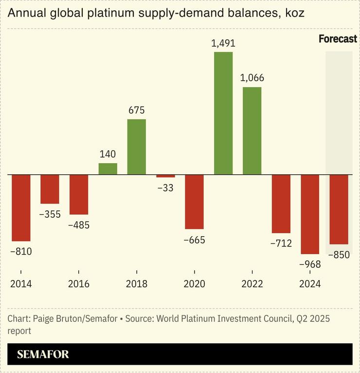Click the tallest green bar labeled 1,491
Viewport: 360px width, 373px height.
223,113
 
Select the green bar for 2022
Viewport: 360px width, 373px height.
252,131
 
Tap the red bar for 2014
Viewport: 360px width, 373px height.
21,207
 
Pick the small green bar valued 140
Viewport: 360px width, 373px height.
108,168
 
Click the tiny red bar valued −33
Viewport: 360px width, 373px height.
165,176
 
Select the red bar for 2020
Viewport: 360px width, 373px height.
194,202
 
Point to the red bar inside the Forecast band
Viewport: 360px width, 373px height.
339,209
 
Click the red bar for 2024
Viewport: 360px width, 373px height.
310,214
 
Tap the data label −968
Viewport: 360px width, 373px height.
310,264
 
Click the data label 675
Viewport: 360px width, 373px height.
136,110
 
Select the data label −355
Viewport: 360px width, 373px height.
50,214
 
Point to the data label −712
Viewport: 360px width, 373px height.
281,243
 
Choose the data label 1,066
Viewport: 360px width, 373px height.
252,78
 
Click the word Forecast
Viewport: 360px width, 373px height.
338,39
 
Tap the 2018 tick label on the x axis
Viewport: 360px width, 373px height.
136,284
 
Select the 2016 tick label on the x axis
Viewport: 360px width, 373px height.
78,284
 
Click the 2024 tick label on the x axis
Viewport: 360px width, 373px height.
310,284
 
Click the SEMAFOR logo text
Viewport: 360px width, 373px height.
43,354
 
